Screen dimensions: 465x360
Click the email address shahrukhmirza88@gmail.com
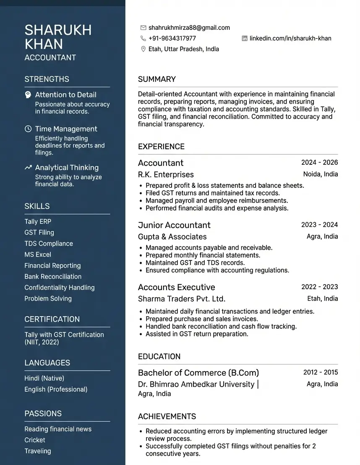click(189, 28)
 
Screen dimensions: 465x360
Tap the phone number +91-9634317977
click(172, 38)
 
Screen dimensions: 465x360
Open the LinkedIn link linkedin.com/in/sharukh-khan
click(290, 39)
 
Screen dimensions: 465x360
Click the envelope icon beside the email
click(143, 28)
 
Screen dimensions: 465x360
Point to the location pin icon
click(143, 49)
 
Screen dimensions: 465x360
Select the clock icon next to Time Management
click(28, 129)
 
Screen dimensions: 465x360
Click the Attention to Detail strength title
click(65, 95)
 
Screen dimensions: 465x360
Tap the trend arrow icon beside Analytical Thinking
click(28, 168)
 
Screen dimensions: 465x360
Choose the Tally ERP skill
click(38, 221)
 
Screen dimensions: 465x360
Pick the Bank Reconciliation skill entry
click(53, 276)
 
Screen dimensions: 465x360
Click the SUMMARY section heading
click(157, 79)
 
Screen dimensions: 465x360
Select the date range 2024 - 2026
click(319, 163)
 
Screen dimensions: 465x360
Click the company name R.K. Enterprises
click(166, 174)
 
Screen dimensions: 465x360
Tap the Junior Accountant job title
click(174, 225)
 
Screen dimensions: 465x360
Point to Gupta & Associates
click(172, 236)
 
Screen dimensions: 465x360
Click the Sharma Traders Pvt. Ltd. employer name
click(182, 299)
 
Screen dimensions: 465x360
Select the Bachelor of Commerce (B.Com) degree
click(198, 373)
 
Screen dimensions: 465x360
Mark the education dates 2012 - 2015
click(320, 372)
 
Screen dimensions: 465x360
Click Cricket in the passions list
click(35, 440)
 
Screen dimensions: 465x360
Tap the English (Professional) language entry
click(56, 389)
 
